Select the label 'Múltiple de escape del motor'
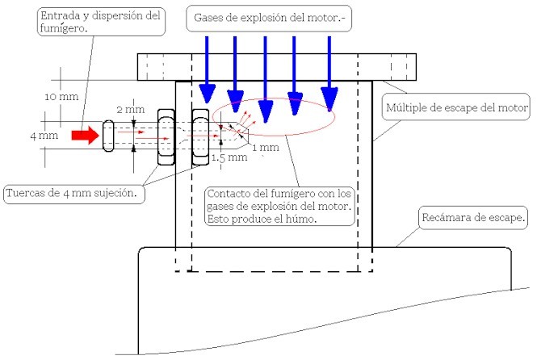(456, 107)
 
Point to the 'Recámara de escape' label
(473, 217)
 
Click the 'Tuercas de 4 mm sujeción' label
(75, 194)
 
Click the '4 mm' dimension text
(44, 136)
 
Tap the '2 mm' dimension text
(130, 108)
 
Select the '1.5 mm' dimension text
(228, 158)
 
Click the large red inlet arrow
(84, 136)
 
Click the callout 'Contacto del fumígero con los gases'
(280, 206)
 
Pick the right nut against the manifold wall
(199, 137)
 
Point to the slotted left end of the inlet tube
(107, 136)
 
